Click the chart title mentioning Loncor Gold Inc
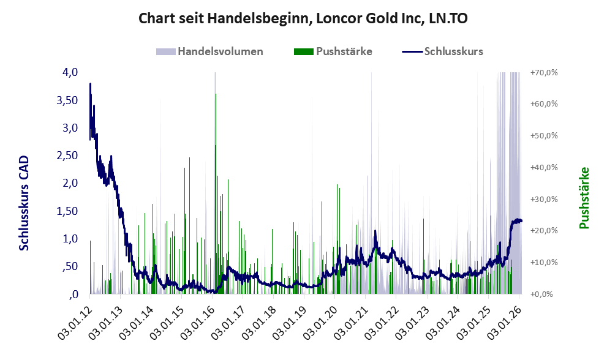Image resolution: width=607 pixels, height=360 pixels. [303, 18]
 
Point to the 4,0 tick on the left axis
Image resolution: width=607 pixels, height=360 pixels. [70, 72]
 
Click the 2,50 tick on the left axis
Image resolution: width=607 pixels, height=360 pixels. [67, 156]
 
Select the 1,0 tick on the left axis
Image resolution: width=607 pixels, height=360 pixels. [70, 239]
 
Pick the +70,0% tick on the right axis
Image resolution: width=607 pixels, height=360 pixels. [544, 72]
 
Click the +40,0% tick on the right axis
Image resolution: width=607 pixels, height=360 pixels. [544, 167]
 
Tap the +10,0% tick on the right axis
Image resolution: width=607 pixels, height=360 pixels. [544, 262]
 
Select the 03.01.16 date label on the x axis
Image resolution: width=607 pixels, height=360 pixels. [202, 318]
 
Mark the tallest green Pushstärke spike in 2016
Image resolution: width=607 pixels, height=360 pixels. [216, 95]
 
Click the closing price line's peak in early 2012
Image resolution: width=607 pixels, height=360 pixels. [91, 84]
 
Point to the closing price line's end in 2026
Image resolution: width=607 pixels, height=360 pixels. [521, 220]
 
